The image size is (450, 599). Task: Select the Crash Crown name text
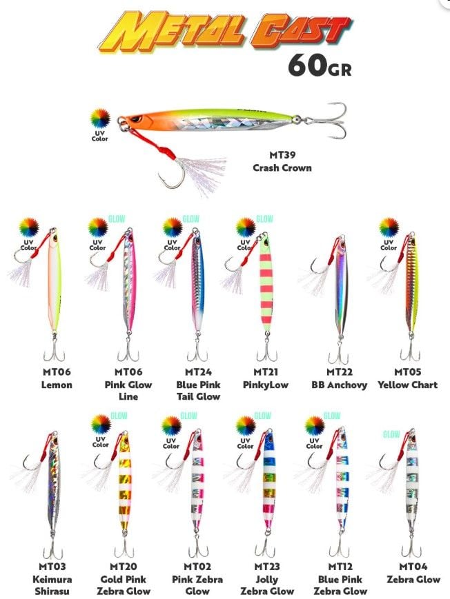pyautogui.click(x=281, y=167)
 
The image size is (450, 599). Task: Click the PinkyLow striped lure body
pyautogui.click(x=265, y=283)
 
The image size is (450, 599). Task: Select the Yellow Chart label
pyautogui.click(x=407, y=385)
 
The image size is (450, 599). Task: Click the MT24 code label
pyautogui.click(x=198, y=372)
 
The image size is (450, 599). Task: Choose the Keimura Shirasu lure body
pyautogui.click(x=55, y=489)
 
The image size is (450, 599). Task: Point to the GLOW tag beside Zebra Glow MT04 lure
pyautogui.click(x=391, y=435)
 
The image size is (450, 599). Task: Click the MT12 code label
pyautogui.click(x=340, y=567)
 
